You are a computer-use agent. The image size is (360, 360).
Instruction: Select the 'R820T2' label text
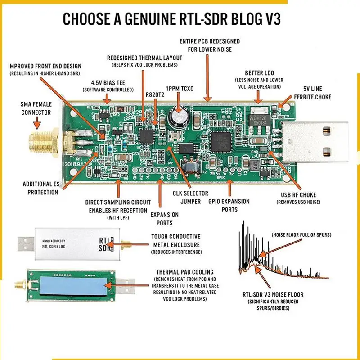tap(155, 95)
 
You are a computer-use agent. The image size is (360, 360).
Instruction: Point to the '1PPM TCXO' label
tap(180, 89)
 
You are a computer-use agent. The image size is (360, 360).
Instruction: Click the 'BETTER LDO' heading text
tap(260, 73)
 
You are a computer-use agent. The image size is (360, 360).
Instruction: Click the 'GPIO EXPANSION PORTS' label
tap(229, 205)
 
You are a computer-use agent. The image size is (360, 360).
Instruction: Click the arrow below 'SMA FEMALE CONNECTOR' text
tap(36, 121)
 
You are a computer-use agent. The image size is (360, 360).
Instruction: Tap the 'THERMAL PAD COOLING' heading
tap(184, 272)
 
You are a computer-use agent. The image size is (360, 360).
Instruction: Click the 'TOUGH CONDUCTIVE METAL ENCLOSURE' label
tap(176, 240)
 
